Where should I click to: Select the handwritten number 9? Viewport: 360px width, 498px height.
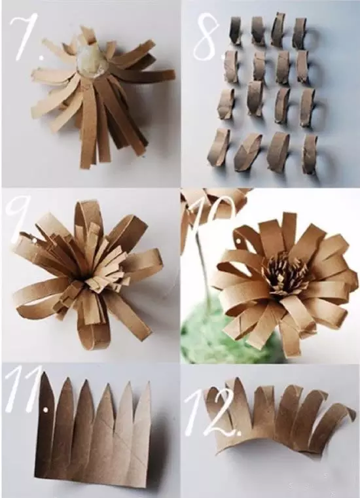point(20,216)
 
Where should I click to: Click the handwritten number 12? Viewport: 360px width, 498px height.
point(213,410)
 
